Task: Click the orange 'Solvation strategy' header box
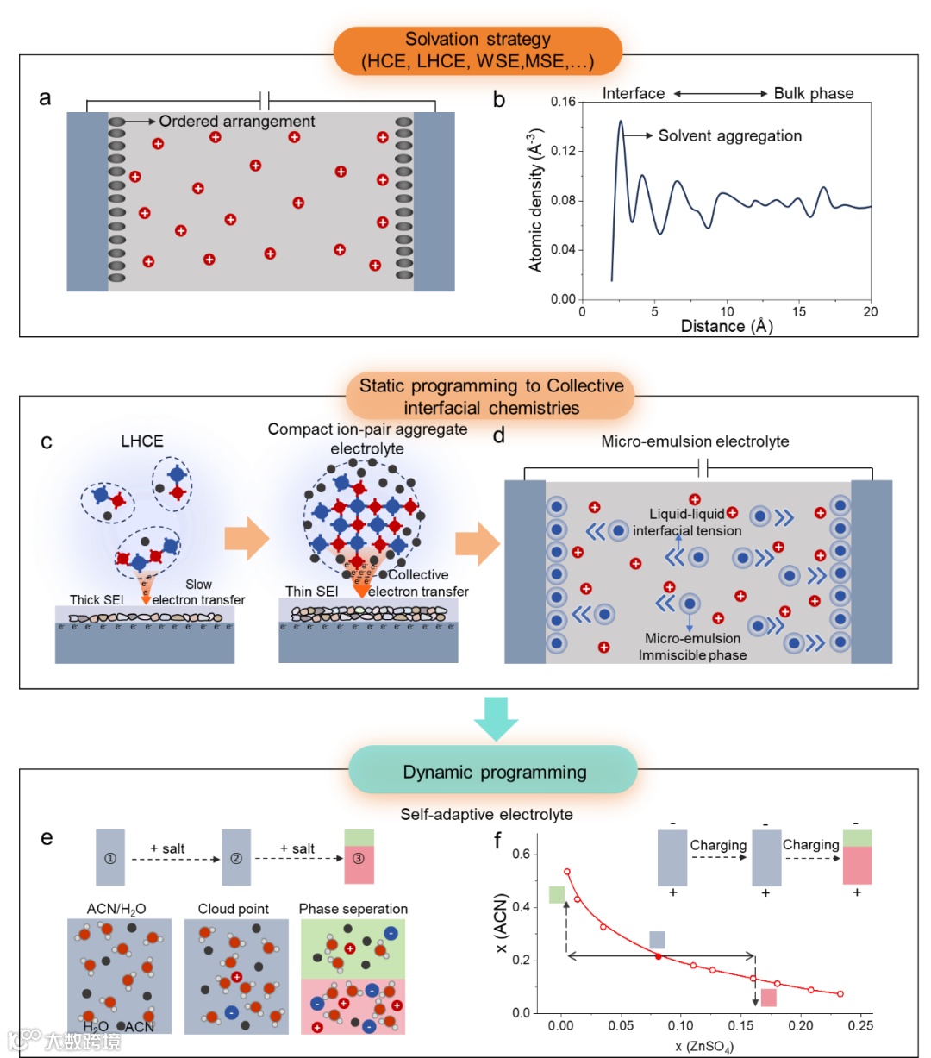[x=478, y=51]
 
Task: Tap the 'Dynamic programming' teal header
[x=494, y=772]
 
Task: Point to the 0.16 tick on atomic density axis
[x=563, y=102]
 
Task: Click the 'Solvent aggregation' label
[x=729, y=135]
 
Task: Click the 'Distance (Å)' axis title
[x=727, y=326]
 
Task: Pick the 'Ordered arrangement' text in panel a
[x=237, y=122]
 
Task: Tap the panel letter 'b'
[x=499, y=100]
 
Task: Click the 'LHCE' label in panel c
[x=142, y=441]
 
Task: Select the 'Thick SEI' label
[x=97, y=599]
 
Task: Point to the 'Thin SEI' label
[x=311, y=592]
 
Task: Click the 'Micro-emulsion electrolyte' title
[x=695, y=441]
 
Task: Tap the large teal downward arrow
[x=496, y=717]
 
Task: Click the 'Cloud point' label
[x=233, y=909]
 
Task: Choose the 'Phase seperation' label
[x=353, y=909]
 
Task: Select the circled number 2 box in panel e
[x=236, y=858]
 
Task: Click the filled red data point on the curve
[x=659, y=956]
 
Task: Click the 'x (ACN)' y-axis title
[x=502, y=923]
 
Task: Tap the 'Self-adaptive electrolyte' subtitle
[x=486, y=814]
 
